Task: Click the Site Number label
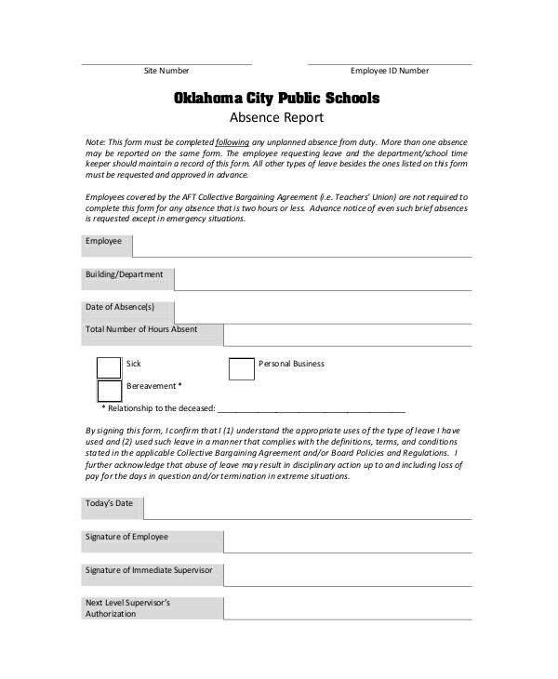[x=166, y=71]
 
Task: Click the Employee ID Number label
[x=390, y=71]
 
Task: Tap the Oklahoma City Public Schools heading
[x=276, y=97]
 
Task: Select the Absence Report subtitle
[x=276, y=118]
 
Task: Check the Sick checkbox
[x=109, y=368]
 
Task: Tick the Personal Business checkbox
[x=241, y=368]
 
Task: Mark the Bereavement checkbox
[x=109, y=391]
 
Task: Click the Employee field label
[x=103, y=241]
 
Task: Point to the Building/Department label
[x=124, y=274]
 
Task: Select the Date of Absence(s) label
[x=120, y=307]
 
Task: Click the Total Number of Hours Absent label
[x=141, y=329]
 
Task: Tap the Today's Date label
[x=110, y=503]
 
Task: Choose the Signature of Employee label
[x=127, y=537]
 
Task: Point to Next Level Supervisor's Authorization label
[x=127, y=608]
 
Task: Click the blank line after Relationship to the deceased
[x=312, y=408]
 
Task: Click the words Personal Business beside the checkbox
[x=291, y=364]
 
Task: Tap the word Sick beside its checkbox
[x=134, y=364]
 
